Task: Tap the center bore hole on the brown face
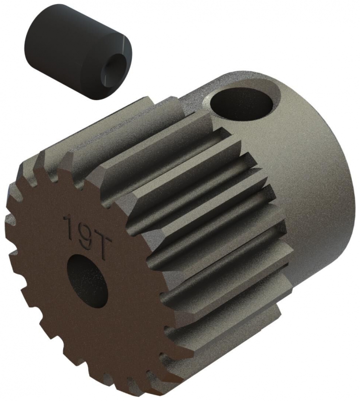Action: (x=87, y=281)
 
